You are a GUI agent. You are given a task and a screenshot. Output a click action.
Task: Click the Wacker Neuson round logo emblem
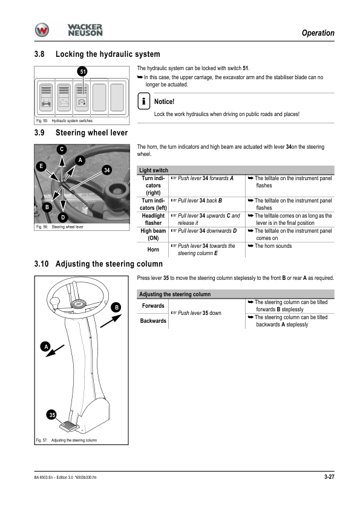[x=42, y=30]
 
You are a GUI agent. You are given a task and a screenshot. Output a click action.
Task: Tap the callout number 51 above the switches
[x=83, y=71]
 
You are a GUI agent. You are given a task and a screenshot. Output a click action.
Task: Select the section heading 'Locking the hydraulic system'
[x=108, y=54]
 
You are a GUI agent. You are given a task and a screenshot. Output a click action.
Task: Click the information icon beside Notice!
[x=143, y=101]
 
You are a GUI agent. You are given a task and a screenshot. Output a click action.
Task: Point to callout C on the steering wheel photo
[x=62, y=149]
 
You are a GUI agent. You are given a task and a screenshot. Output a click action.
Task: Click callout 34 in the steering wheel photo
[x=106, y=170]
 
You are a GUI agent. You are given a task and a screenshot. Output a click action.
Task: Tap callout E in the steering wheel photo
[x=41, y=166]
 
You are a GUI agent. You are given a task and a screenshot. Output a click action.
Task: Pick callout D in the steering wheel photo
[x=63, y=217]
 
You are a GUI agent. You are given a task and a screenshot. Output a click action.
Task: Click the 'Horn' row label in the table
[x=153, y=249]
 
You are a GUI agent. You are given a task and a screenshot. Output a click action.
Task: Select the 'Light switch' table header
[x=154, y=170]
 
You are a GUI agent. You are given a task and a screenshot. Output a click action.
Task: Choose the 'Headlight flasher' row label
[x=153, y=219]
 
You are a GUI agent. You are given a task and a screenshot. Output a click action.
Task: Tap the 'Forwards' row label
[x=153, y=305]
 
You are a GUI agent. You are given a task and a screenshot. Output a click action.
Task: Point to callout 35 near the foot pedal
[x=52, y=415]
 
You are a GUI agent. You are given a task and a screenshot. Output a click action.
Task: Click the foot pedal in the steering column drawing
[x=69, y=426]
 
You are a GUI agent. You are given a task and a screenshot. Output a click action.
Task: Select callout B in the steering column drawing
[x=116, y=307]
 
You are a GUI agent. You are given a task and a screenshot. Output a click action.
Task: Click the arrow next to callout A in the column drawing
[x=55, y=351]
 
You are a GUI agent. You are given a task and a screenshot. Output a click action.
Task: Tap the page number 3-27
[x=329, y=476]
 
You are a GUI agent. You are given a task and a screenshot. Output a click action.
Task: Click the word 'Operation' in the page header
[x=318, y=33]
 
